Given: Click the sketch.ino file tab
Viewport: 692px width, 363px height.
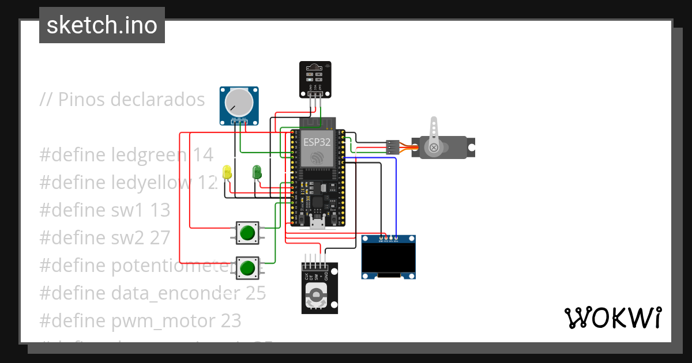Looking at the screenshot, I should pyautogui.click(x=102, y=25).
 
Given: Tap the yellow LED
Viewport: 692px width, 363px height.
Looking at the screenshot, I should pyautogui.click(x=227, y=172).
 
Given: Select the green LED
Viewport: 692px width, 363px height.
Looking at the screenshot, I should pyautogui.click(x=257, y=172).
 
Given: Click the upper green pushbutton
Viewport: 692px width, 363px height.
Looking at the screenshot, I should pyautogui.click(x=247, y=233).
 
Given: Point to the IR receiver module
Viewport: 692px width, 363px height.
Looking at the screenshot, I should pyautogui.click(x=315, y=79).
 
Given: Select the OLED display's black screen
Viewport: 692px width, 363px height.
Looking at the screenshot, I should pyautogui.click(x=389, y=259).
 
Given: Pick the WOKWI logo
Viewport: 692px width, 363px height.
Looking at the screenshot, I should pyautogui.click(x=612, y=317).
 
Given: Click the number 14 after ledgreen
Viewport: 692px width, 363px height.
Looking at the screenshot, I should pyautogui.click(x=203, y=155).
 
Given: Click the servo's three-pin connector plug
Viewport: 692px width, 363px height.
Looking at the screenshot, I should pyautogui.click(x=393, y=148).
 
